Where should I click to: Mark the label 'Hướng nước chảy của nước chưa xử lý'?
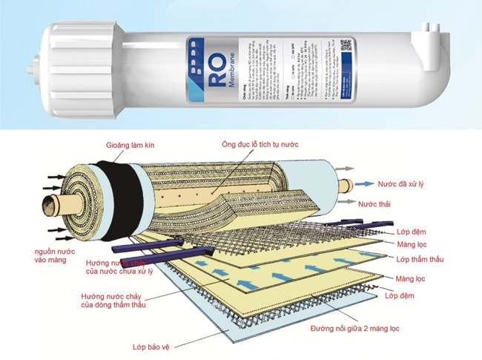pos(112,267)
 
